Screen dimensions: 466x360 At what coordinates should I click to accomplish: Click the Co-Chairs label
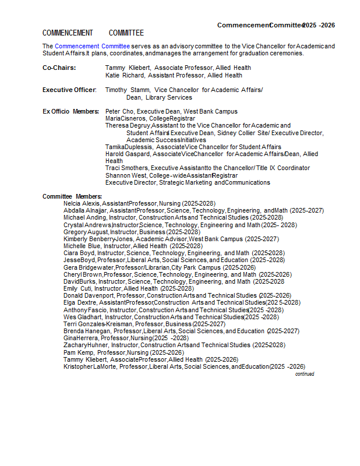(59, 68)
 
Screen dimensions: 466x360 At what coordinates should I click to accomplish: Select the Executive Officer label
(69, 90)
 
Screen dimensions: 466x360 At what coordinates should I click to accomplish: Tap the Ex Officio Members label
(70, 111)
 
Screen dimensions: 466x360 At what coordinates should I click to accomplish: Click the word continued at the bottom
(304, 374)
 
